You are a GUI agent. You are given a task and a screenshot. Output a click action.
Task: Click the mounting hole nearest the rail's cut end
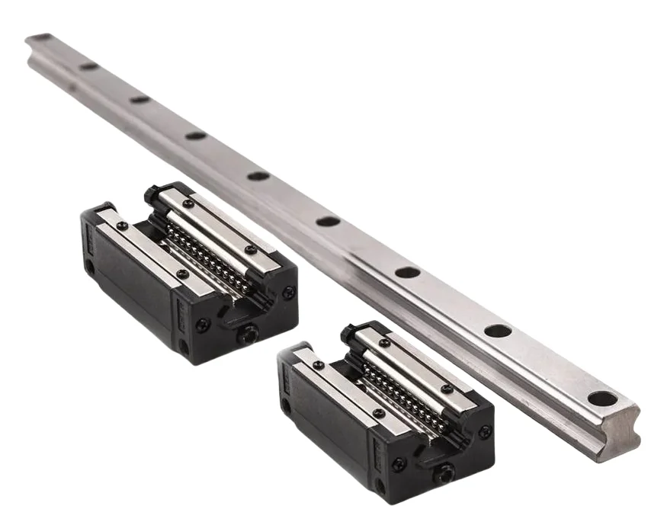click(602, 399)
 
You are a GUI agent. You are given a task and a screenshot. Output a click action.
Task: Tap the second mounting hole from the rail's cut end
click(498, 331)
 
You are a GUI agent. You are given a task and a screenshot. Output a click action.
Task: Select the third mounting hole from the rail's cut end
click(407, 272)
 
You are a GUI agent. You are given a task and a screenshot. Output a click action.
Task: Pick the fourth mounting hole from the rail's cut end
click(328, 221)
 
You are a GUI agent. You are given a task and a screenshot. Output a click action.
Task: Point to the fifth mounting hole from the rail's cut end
click(258, 176)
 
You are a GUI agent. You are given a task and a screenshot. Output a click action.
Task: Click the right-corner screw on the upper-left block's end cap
click(287, 292)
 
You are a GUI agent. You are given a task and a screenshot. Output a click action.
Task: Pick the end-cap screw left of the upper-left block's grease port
click(202, 325)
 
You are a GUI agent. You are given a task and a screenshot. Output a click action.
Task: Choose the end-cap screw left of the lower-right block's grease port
click(398, 463)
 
